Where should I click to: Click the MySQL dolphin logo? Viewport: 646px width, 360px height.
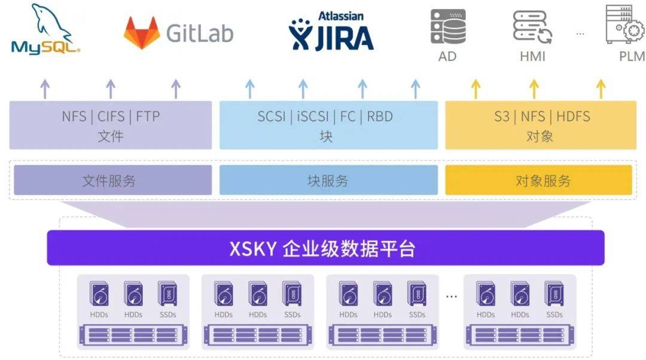tap(45, 30)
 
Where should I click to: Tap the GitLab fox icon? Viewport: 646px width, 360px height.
tap(142, 32)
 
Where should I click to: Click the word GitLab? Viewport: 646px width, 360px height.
tap(200, 33)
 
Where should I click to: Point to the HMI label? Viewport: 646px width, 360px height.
tap(532, 57)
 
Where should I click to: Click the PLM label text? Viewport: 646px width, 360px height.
tap(632, 57)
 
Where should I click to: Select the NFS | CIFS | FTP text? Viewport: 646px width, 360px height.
tap(111, 116)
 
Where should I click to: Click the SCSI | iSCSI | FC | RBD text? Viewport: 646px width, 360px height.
tap(325, 116)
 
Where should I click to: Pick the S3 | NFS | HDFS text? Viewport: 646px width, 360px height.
tap(542, 116)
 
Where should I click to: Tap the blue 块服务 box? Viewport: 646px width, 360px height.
tap(328, 180)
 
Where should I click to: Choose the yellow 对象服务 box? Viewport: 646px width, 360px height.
tap(538, 180)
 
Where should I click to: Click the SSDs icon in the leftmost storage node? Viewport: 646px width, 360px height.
tap(167, 294)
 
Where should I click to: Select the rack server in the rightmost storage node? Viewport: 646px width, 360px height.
tap(520, 334)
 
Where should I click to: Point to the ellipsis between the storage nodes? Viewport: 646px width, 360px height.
tap(452, 296)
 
